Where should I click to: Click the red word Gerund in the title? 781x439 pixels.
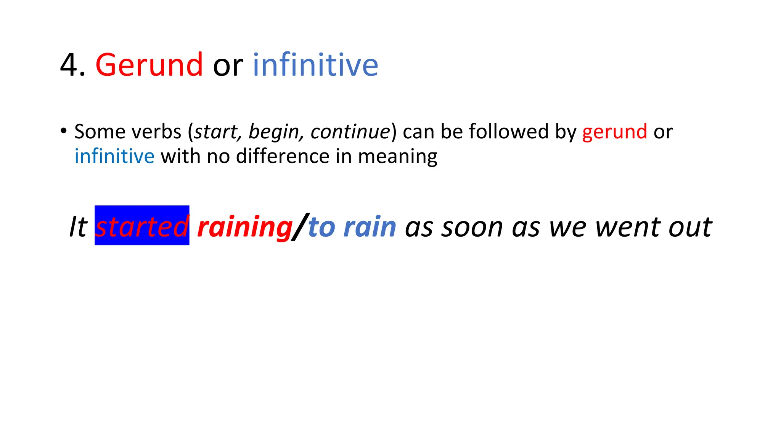coord(149,65)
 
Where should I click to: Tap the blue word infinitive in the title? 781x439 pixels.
coord(315,65)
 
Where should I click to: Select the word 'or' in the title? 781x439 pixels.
coord(228,66)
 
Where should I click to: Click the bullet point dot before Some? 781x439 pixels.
coord(63,131)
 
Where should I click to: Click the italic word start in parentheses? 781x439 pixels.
coord(216,132)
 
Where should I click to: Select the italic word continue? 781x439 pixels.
coord(350,132)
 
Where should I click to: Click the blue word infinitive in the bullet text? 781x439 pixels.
coord(114,157)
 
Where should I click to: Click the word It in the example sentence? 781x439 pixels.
coord(78,227)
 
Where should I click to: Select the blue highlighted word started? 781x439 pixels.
coord(142,226)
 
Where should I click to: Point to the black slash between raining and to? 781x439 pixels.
coord(301,227)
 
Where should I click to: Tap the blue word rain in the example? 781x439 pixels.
coord(370,227)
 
